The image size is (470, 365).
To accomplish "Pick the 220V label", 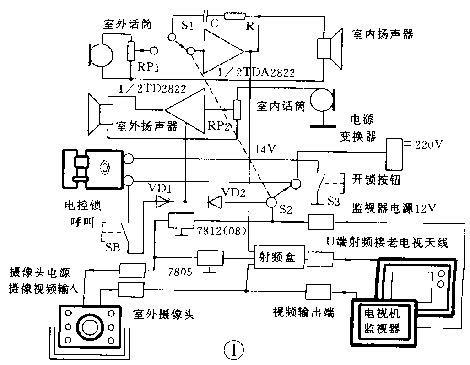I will (x=428, y=145).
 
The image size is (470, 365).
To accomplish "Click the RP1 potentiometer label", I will (x=148, y=68).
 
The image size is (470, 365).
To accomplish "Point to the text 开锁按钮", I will (x=376, y=180).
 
